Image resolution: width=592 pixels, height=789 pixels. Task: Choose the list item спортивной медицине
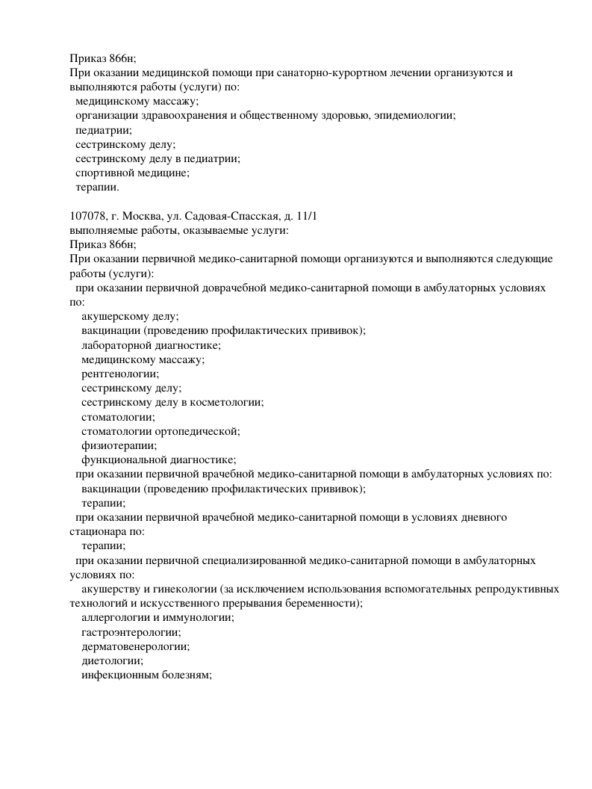[132, 173]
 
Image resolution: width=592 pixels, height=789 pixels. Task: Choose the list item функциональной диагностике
[158, 460]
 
